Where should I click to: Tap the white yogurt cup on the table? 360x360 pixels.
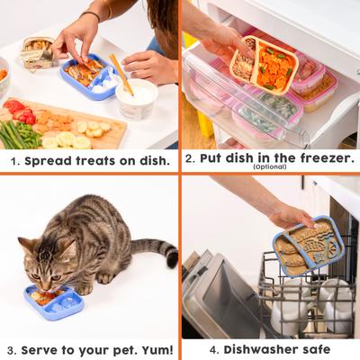point(136,98)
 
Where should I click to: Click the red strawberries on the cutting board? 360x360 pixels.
point(21,112)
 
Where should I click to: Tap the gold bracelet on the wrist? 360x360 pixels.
point(91,15)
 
